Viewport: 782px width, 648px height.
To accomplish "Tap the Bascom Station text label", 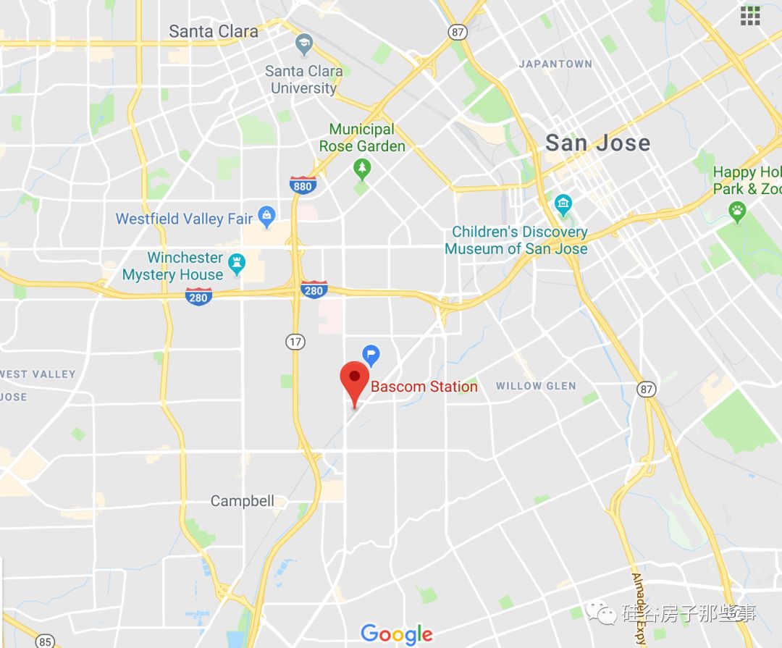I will (424, 387).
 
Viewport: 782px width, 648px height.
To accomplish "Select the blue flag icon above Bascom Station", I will (371, 355).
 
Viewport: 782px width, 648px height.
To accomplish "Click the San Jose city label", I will (597, 143).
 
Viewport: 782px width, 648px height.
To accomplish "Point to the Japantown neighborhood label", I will (555, 64).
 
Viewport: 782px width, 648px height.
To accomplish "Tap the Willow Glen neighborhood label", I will (536, 386).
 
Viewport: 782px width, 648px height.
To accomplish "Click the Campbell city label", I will (243, 501).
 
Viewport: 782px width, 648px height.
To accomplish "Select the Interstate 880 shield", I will (302, 186).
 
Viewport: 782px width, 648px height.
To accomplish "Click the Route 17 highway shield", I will (295, 342).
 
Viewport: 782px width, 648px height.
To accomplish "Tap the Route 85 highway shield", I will (46, 641).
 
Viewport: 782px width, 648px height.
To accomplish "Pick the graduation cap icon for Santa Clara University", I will (305, 45).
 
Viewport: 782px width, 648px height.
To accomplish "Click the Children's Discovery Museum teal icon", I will (563, 205).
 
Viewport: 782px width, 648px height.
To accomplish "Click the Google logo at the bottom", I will (396, 634).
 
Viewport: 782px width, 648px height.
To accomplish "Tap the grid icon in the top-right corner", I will (750, 15).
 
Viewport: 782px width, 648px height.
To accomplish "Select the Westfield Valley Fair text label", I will (184, 219).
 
